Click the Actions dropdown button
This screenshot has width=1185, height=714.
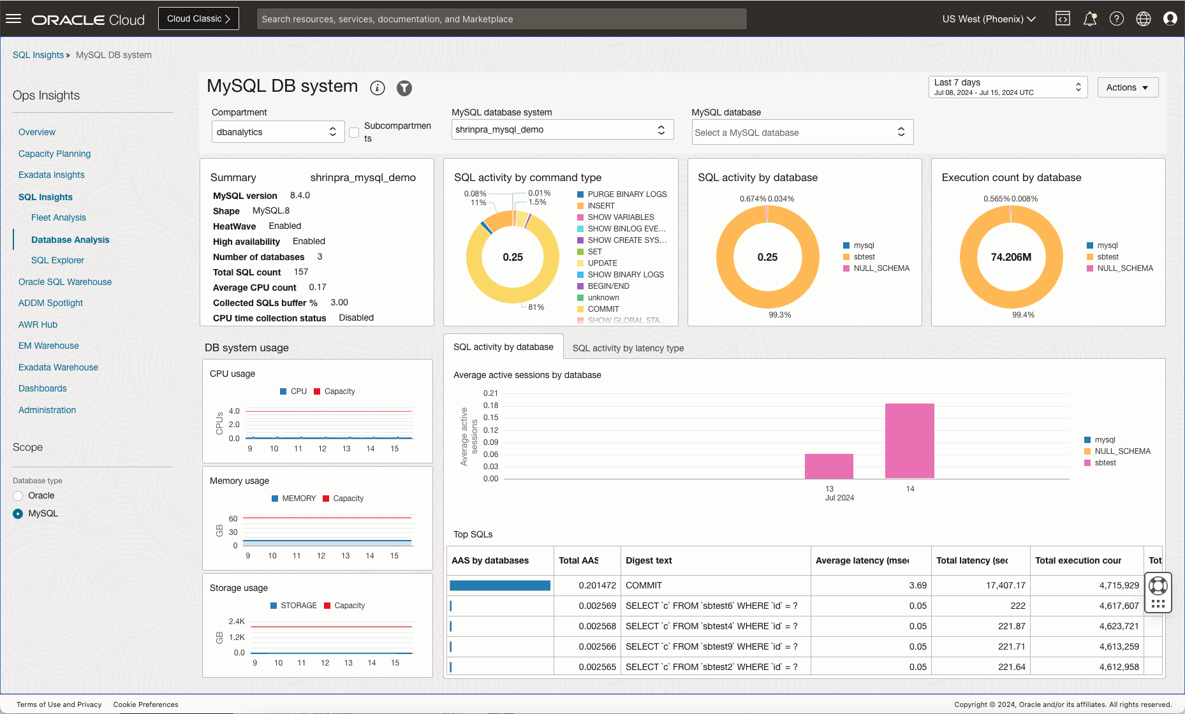coord(1127,87)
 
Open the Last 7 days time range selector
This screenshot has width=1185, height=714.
coord(1008,87)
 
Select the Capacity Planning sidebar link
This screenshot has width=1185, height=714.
coord(54,154)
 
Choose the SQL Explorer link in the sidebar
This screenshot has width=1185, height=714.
coord(57,260)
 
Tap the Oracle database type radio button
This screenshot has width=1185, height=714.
coord(18,496)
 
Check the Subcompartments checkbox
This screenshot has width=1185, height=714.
coord(354,133)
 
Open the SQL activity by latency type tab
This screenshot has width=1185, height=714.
coord(628,348)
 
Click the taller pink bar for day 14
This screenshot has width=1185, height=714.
coord(909,441)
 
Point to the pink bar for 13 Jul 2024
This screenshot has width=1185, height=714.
coord(828,466)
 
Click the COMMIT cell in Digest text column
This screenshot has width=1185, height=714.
coord(644,585)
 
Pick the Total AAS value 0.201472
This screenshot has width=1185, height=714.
coord(597,585)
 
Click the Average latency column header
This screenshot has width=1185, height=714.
coord(862,560)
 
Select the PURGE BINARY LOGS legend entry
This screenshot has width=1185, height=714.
coord(626,194)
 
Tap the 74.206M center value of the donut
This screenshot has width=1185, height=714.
coord(1011,257)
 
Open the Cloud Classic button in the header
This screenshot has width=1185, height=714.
coord(198,18)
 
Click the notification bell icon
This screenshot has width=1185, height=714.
coord(1089,19)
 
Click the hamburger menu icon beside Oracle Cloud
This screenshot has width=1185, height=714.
coord(13,19)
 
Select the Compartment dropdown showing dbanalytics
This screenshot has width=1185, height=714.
coord(277,132)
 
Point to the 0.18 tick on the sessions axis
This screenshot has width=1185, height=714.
coord(490,405)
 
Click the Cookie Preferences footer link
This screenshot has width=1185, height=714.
coord(145,704)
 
